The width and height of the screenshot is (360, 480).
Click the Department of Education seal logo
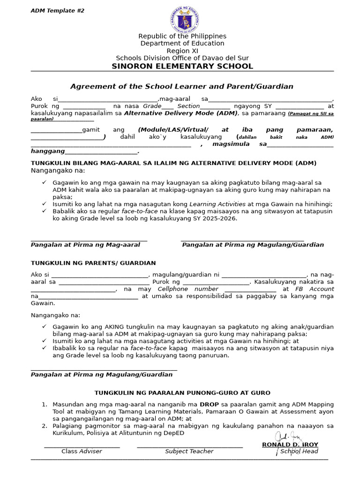[x=182, y=19]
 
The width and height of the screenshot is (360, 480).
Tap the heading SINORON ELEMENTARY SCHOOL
[x=182, y=66]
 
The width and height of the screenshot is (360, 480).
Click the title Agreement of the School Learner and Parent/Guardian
[x=182, y=86]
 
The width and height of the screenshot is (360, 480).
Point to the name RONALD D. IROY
[x=290, y=444]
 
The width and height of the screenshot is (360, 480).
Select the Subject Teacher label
[x=189, y=451]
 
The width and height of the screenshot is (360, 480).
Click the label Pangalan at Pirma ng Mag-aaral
[x=85, y=245]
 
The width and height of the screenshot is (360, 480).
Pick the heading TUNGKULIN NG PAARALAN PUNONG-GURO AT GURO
[x=182, y=393]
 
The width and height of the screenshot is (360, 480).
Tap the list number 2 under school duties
[x=44, y=426]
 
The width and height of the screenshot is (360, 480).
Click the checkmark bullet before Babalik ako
[x=44, y=211]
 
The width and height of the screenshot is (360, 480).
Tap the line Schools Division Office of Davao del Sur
[x=182, y=58]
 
